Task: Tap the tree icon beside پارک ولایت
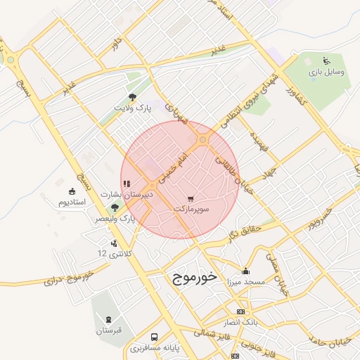[x=133, y=97]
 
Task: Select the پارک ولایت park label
[x=134, y=108]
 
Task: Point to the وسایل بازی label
[x=325, y=72]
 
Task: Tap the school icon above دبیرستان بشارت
[x=126, y=184]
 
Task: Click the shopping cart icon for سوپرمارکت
[x=192, y=198]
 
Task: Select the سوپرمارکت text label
[x=192, y=210]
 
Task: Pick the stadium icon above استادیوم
[x=71, y=191]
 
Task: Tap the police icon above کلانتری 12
[x=115, y=243]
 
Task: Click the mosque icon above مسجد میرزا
[x=245, y=271]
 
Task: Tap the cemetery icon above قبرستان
[x=108, y=319]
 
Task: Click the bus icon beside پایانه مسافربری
[x=154, y=337]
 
